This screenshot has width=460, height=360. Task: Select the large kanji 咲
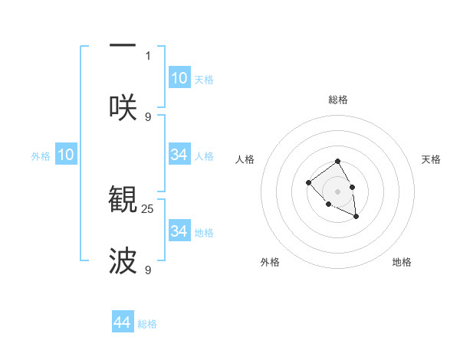[x=123, y=107]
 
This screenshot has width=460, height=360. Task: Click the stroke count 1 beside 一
[x=148, y=55]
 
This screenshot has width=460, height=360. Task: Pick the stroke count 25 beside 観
[x=148, y=208]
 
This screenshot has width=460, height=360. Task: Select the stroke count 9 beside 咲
[x=148, y=116]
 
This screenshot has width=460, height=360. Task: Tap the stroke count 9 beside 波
[x=148, y=270]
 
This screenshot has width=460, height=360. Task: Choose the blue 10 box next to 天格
[x=179, y=78]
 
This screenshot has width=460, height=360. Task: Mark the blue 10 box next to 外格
[x=66, y=155]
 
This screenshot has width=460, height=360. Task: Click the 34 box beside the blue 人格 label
[x=179, y=155]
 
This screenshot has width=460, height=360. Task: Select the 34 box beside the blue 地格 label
[x=179, y=231]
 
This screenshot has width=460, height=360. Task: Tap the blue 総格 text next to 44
[x=147, y=324]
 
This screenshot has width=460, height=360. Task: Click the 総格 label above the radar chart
[x=338, y=100]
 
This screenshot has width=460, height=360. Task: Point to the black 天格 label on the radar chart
[x=431, y=159]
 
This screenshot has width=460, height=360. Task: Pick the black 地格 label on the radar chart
[x=402, y=262]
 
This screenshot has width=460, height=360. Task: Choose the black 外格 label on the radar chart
[x=270, y=262]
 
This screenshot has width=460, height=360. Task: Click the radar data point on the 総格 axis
[x=338, y=161]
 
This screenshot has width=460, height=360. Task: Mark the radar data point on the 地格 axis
[x=356, y=218]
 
